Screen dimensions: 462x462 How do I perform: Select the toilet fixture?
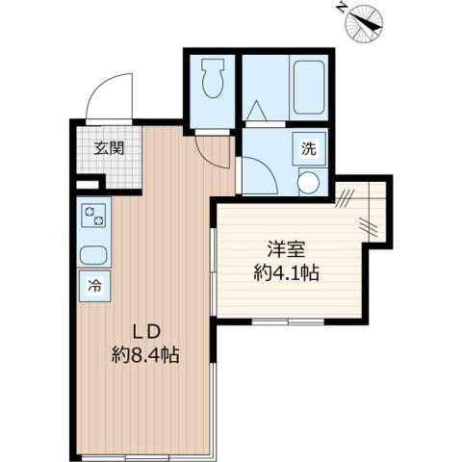[213, 79]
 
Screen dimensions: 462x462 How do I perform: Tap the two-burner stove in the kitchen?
[94, 215]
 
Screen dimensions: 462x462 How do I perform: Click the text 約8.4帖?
[146, 354]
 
